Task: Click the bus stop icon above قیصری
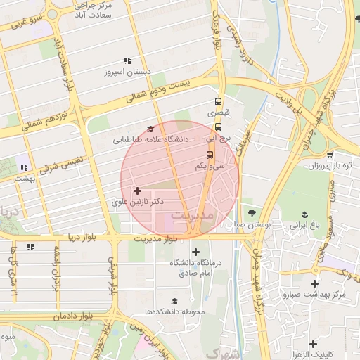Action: (x=218, y=101)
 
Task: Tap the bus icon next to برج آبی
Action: (x=218, y=127)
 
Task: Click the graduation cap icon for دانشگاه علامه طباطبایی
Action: (x=150, y=129)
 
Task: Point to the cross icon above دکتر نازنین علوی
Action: (x=137, y=191)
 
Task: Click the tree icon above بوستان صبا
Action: (x=251, y=213)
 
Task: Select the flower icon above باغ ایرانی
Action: (x=305, y=214)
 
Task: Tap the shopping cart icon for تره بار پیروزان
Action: (x=330, y=155)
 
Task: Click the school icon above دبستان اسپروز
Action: (x=127, y=61)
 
